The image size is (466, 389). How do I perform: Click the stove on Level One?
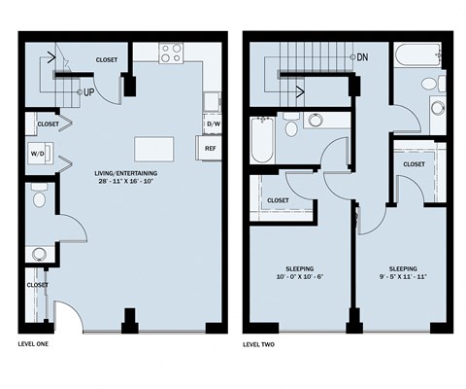pyautogui.click(x=171, y=53)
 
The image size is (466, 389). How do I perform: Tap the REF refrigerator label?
pyautogui.click(x=211, y=149)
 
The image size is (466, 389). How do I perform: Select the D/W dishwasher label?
pyautogui.click(x=214, y=124)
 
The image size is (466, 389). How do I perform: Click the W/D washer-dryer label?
pyautogui.click(x=38, y=154)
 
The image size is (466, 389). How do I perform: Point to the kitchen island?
pyautogui.click(x=154, y=149)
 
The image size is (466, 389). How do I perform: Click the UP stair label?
pyautogui.click(x=88, y=92)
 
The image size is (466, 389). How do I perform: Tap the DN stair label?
pyautogui.click(x=362, y=57)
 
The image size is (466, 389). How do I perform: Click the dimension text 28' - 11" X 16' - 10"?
pyautogui.click(x=126, y=181)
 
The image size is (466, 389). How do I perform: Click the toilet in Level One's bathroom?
pyautogui.click(x=40, y=195)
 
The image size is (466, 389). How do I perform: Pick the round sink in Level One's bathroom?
pyautogui.click(x=39, y=254)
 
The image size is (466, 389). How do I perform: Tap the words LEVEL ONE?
pyautogui.click(x=33, y=344)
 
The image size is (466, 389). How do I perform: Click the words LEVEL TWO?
pyautogui.click(x=258, y=344)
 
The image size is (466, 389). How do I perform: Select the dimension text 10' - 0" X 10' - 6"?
pyautogui.click(x=300, y=277)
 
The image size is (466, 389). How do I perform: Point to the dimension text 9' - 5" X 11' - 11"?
pyautogui.click(x=403, y=277)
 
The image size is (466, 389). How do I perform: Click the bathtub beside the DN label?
pyautogui.click(x=417, y=54)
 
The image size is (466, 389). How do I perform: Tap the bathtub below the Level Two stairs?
pyautogui.click(x=262, y=140)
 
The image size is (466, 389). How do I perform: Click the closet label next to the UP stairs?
pyautogui.click(x=107, y=60)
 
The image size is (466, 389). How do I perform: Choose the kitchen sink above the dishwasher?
pyautogui.click(x=213, y=102)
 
